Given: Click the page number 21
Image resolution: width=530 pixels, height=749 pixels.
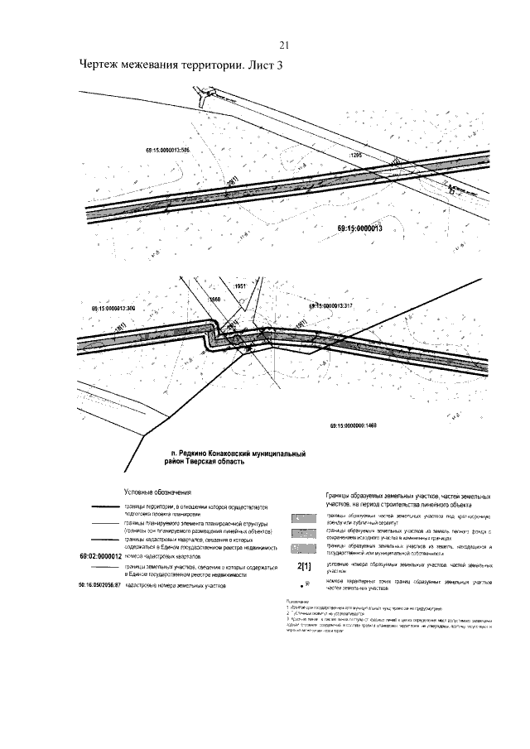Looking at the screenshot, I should click(283, 45).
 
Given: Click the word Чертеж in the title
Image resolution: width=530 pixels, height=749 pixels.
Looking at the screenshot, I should click(101, 67).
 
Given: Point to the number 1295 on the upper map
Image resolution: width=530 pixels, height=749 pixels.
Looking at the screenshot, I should click(357, 155).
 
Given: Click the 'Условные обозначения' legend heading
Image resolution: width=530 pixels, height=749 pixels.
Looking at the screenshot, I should click(157, 492).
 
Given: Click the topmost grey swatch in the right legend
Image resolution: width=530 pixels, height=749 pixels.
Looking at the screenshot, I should click(303, 517).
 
